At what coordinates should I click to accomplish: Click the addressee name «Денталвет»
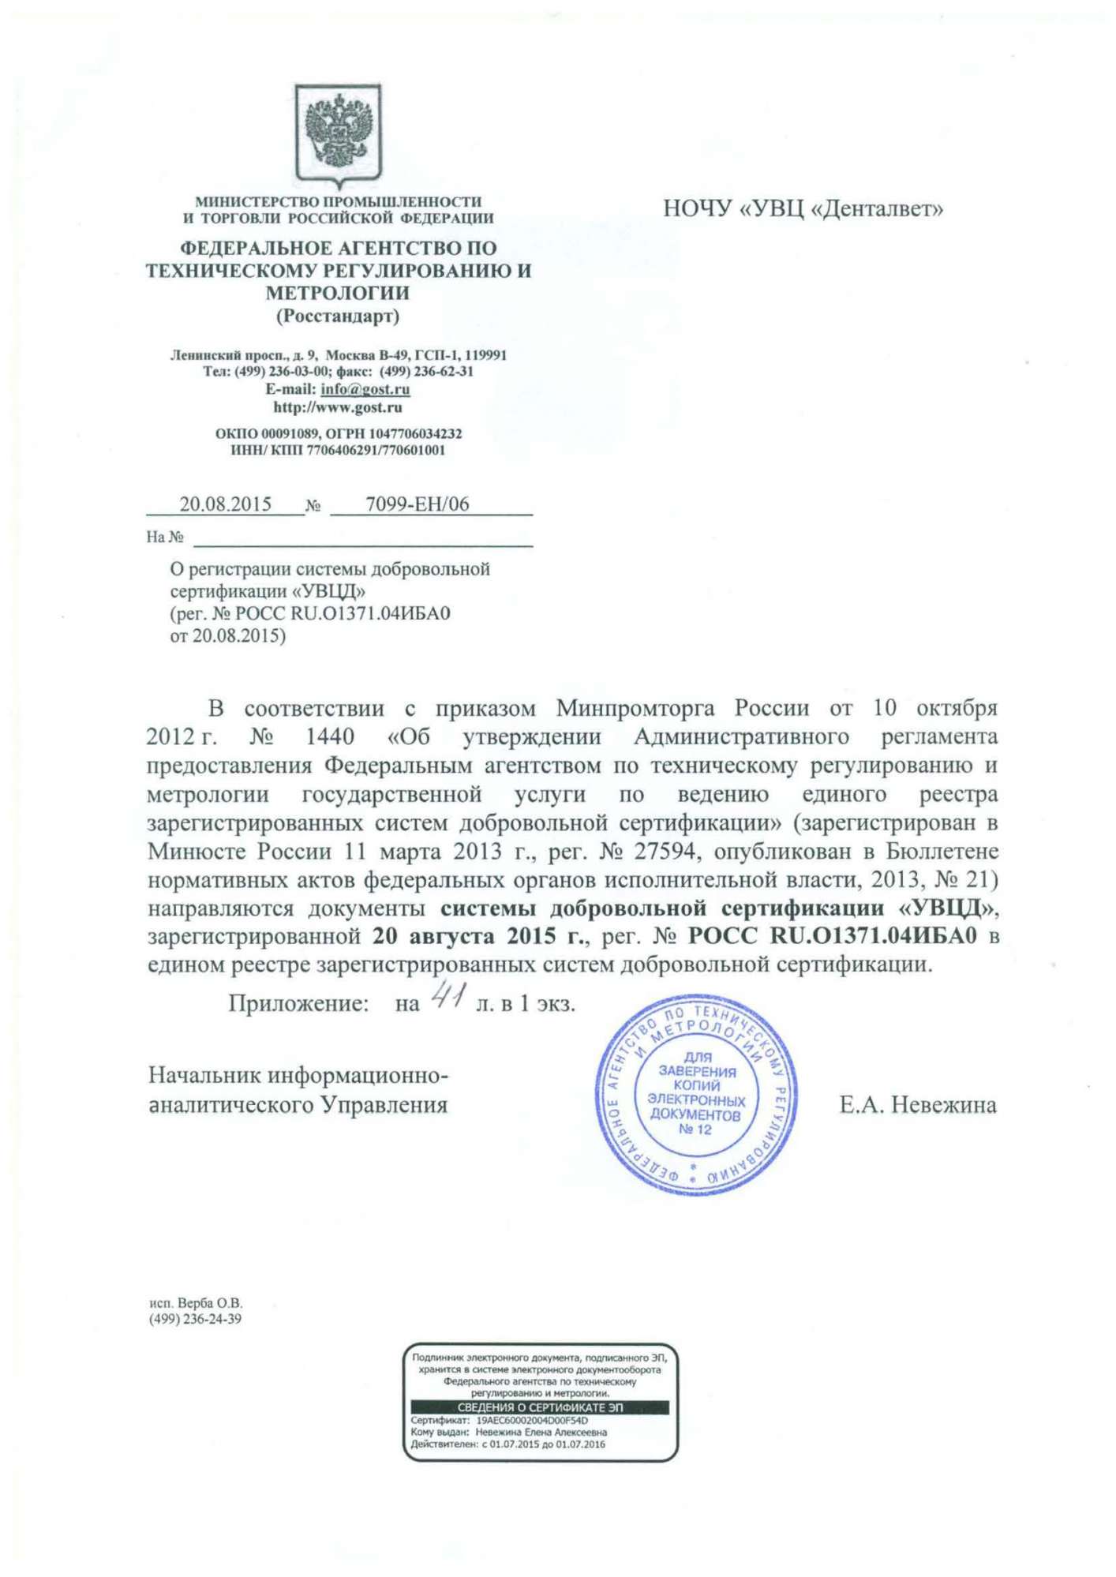[x=876, y=209]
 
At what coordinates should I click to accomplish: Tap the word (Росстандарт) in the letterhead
[x=338, y=317]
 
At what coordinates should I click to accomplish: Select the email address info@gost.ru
[x=365, y=389]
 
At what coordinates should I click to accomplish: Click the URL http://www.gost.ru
[x=338, y=407]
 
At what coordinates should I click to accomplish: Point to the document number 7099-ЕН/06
[x=417, y=504]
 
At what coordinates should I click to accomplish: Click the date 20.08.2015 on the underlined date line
[x=226, y=504]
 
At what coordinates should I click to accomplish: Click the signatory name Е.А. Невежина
[x=917, y=1105]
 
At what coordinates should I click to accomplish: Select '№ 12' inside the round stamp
[x=695, y=1129]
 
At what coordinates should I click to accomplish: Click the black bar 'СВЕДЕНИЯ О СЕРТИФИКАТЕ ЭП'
[x=540, y=1407]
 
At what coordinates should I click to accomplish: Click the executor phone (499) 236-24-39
[x=195, y=1319]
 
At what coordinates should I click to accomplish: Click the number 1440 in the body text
[x=330, y=737]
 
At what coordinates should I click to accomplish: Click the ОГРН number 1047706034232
[x=416, y=434]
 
